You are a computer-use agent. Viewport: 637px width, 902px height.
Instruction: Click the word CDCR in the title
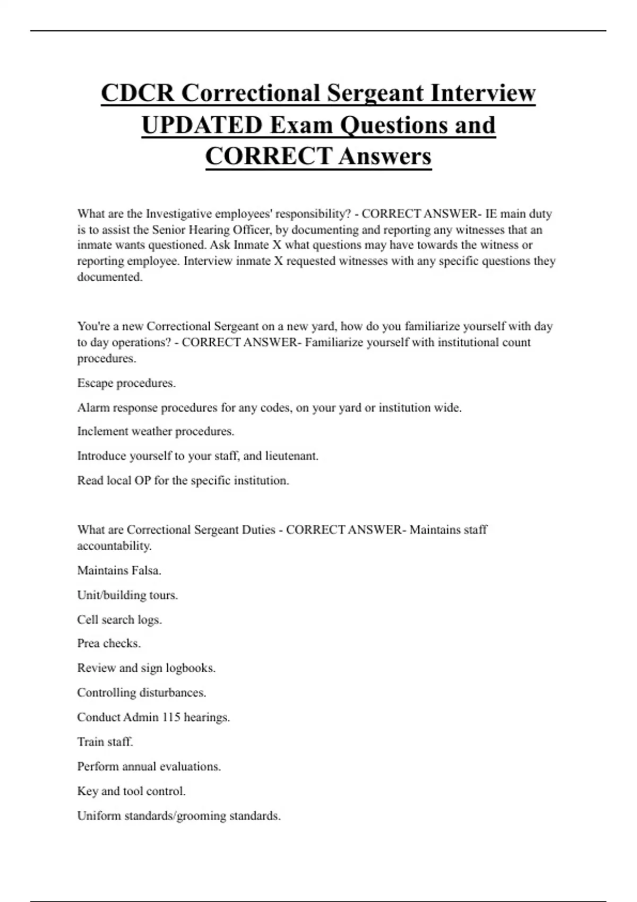click(x=137, y=93)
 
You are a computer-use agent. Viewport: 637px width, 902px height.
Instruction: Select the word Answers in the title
click(x=385, y=156)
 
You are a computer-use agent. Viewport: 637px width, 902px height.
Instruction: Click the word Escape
click(x=95, y=383)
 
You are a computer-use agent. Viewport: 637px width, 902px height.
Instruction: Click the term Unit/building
click(x=111, y=595)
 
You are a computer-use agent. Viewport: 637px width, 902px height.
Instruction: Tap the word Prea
click(x=88, y=643)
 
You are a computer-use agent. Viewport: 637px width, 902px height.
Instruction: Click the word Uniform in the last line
click(x=99, y=816)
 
